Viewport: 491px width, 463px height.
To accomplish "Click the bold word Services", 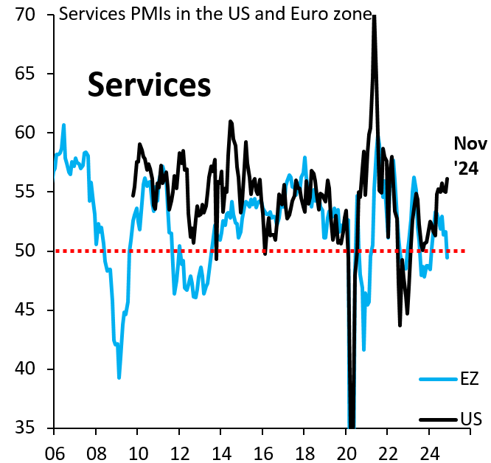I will (150, 86).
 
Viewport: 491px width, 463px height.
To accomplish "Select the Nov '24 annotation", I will (465, 156).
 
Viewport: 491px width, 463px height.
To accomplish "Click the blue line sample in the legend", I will (438, 380).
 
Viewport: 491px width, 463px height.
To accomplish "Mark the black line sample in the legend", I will (438, 420).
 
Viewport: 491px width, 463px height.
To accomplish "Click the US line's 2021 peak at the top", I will (375, 16).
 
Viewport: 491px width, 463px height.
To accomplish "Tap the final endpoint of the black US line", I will (448, 178).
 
